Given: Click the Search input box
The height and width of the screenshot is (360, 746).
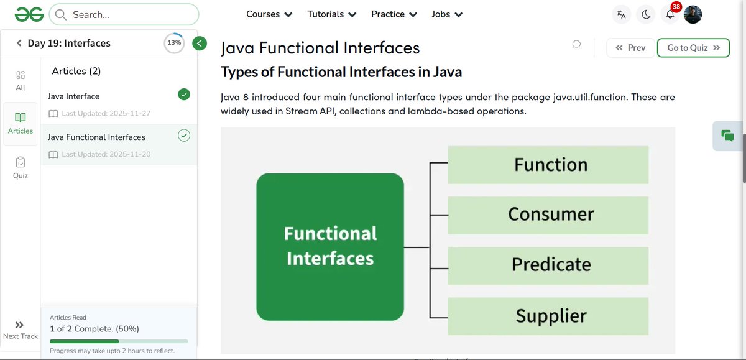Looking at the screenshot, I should point(124,14).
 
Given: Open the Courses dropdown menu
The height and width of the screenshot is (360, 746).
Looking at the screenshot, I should point(269,14).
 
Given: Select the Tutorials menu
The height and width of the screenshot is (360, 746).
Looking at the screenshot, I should point(331,14).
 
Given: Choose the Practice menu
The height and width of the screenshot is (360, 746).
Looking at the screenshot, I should point(394,14).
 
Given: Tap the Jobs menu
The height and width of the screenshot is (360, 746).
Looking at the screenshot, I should point(447,14).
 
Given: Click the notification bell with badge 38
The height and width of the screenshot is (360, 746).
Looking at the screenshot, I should point(670,14).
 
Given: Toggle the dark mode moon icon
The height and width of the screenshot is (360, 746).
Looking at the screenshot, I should point(646,14).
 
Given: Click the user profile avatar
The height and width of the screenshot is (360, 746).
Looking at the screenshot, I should point(693,14).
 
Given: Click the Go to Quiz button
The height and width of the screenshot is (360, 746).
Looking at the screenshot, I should point(693,48).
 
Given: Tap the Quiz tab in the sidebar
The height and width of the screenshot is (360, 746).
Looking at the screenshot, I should point(21,167).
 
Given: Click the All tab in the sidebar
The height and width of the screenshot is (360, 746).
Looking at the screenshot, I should point(21,80).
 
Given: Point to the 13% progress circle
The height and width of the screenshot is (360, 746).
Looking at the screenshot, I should point(174,43).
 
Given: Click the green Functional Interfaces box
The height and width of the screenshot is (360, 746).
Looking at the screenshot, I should point(330,246).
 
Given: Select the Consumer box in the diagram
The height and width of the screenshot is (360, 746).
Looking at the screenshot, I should point(548,215).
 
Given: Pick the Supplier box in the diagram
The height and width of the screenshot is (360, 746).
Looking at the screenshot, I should point(548,316).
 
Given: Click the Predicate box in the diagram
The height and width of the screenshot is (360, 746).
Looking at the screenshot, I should point(548,265).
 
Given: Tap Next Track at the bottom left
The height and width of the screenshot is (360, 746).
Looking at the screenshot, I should point(20,330).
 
